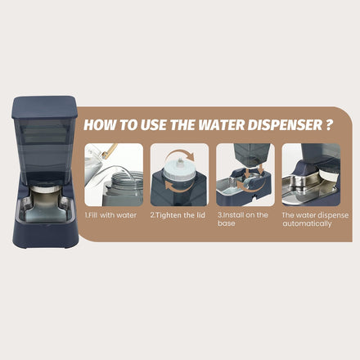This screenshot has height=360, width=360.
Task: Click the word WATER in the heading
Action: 222,125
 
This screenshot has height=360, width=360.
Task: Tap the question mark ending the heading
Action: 329,124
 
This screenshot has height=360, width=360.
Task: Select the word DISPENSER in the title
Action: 285,125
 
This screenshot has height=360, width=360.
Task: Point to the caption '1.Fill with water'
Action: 110,215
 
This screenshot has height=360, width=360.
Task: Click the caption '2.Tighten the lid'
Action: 178,215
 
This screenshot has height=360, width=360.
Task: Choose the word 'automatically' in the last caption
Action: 307,224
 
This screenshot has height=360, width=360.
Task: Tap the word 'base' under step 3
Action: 227,223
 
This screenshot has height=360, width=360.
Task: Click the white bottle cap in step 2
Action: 179,169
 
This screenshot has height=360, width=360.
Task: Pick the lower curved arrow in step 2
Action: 179,189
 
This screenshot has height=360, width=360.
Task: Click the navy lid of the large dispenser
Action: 44,107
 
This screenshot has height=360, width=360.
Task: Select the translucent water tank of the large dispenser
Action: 45,151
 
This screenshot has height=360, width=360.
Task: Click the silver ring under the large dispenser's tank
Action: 46,189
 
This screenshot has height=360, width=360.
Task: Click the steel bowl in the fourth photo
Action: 309,187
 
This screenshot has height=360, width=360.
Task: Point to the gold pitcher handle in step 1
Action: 110,151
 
